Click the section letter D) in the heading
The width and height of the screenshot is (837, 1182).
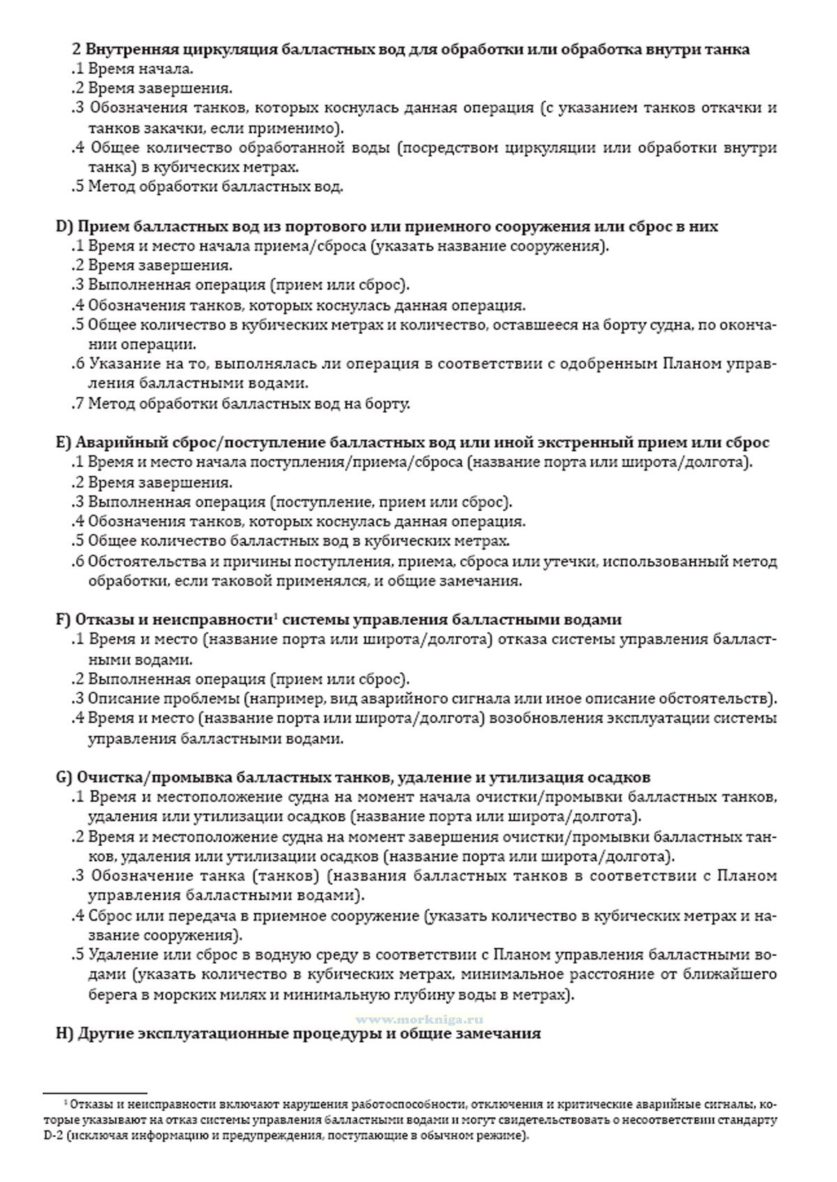pos(64,227)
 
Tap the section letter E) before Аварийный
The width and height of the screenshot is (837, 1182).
pos(63,443)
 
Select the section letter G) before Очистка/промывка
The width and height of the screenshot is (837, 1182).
pos(64,778)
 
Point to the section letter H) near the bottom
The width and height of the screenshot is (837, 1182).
pos(64,1033)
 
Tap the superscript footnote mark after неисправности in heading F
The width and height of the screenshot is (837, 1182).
pos(276,616)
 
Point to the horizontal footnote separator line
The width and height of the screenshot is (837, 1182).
pos(95,1093)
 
